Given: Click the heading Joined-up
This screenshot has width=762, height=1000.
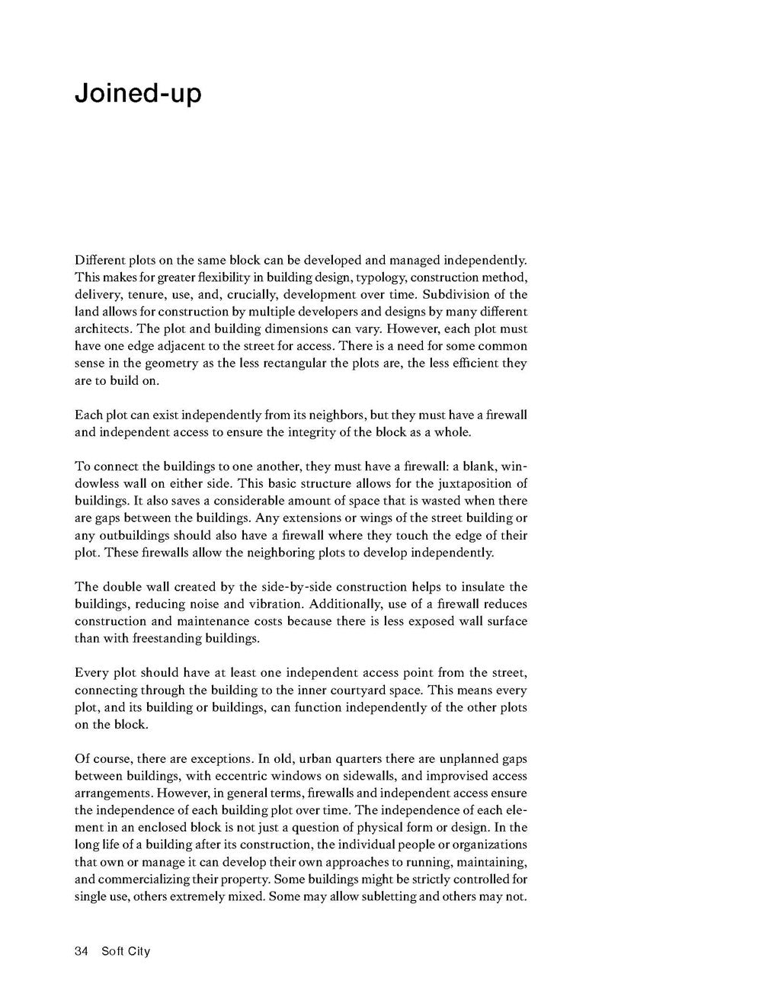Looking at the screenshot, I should coord(138,95).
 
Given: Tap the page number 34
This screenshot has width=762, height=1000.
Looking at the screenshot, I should coord(82,951).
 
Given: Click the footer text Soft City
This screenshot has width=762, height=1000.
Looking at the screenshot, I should coord(126,951).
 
